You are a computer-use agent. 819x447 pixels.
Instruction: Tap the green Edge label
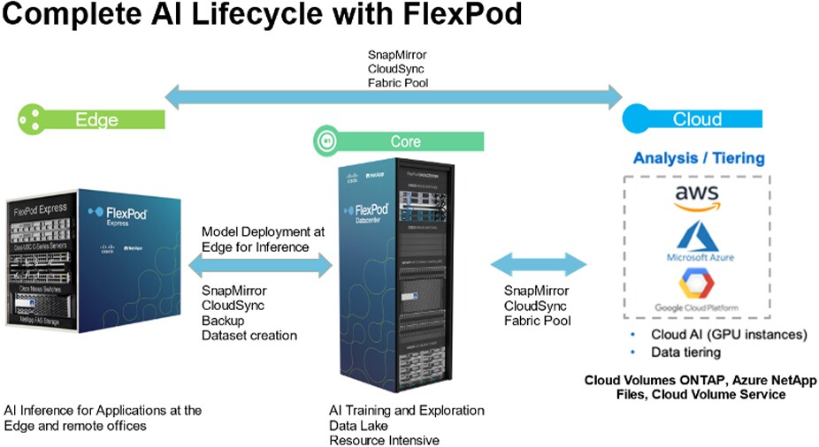pyautogui.click(x=97, y=119)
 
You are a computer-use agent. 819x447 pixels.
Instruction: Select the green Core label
pyautogui.click(x=406, y=141)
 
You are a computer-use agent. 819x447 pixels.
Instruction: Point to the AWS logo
pyautogui.click(x=698, y=197)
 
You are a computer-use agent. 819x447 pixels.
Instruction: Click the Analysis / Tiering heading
pyautogui.click(x=698, y=159)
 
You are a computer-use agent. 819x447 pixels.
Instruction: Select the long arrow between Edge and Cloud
pyautogui.click(x=394, y=95)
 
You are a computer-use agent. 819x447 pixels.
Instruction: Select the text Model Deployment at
pyautogui.click(x=264, y=231)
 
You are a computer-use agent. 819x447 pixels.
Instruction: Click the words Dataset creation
pyautogui.click(x=249, y=335)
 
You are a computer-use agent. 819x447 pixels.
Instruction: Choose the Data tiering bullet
pyautogui.click(x=685, y=352)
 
